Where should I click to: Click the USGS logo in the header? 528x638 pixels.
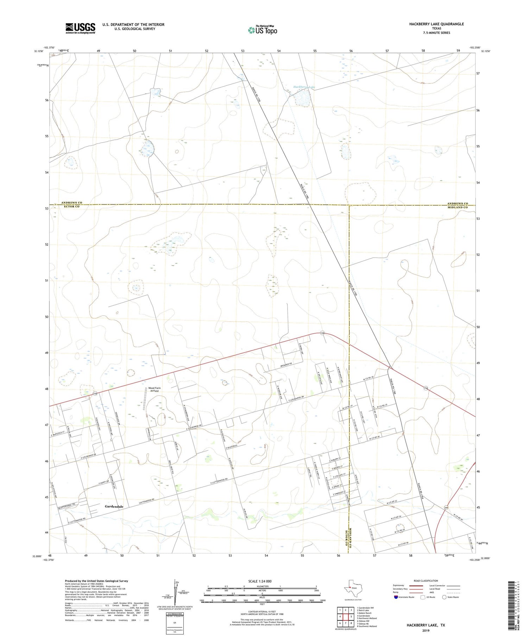(80, 28)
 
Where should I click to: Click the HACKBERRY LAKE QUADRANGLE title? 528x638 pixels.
(436, 24)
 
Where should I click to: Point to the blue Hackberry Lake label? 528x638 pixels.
(304, 87)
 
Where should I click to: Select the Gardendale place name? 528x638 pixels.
(114, 506)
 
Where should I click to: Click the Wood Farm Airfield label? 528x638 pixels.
(155, 389)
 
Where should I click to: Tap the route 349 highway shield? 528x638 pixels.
(446, 507)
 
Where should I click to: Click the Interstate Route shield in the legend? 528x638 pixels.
(396, 597)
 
